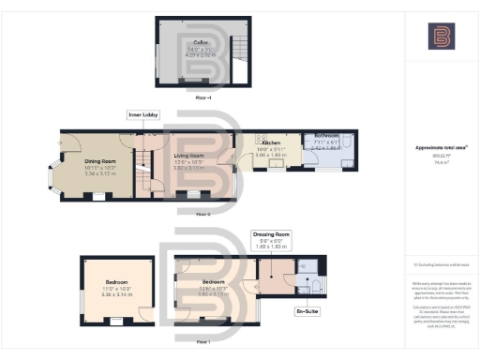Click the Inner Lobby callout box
point(142,114)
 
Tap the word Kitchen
point(271,142)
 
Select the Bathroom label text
point(326,134)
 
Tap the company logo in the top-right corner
point(440,37)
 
